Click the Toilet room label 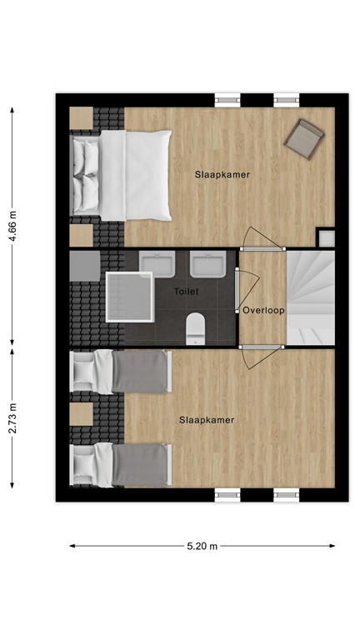click(187, 292)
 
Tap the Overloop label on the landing click(263, 310)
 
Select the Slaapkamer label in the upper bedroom click(222, 175)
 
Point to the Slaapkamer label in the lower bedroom click(206, 420)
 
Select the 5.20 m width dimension click(202, 547)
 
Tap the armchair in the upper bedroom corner click(303, 138)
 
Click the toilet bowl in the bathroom click(196, 327)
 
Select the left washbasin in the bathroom click(157, 265)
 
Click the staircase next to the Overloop click(310, 297)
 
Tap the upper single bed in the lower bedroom click(122, 371)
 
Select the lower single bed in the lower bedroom click(122, 465)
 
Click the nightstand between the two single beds click(81, 414)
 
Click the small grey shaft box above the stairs click(326, 238)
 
